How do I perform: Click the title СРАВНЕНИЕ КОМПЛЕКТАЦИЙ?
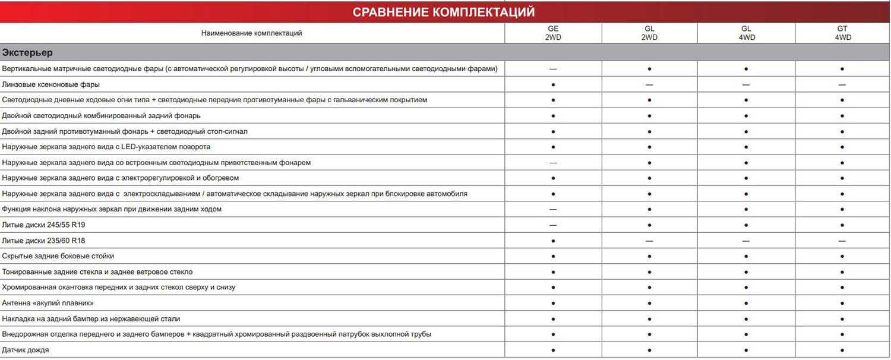point(443,12)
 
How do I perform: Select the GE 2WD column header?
point(553,33)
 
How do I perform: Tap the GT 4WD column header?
point(842,33)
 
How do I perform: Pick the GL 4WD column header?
point(746,33)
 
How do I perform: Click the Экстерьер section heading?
point(27,52)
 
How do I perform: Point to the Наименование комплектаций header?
point(251,33)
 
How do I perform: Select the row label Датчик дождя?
point(26,350)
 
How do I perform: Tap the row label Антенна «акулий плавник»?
point(48,303)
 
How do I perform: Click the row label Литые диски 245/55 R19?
point(40,225)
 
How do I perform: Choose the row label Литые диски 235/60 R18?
point(40,241)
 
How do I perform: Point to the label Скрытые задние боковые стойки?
point(58,256)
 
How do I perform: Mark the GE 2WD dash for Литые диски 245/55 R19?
point(553,225)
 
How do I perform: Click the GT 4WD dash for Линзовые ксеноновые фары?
point(842,84)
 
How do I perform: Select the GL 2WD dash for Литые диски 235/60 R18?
point(649,241)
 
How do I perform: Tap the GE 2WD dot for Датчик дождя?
point(553,350)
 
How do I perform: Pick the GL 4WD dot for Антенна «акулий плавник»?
point(746,303)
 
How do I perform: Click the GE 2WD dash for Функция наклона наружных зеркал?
point(553,209)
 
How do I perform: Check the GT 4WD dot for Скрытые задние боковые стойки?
point(842,256)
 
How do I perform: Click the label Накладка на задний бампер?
point(91,319)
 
